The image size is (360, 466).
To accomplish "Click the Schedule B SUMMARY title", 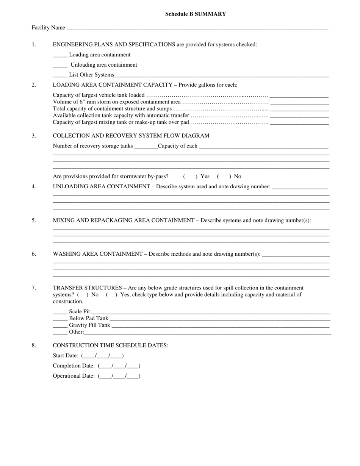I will click(196, 14).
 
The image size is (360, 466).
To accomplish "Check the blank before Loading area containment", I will click(60, 55).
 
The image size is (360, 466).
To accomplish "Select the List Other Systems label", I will click(91, 75).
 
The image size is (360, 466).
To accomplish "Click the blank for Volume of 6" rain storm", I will click(300, 102).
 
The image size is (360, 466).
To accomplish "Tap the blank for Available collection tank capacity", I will click(300, 116).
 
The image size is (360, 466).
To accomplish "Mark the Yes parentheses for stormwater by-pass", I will click(189, 177).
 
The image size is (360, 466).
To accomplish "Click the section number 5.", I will click(34, 220).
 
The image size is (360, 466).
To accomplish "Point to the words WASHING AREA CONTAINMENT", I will click(97, 254).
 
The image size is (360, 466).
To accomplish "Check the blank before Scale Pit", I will click(60, 312).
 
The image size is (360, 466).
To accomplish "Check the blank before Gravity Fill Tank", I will click(60, 326).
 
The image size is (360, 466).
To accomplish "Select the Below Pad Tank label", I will click(88, 319).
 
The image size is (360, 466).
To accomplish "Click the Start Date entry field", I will click(102, 356).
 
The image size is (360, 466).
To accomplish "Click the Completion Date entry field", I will click(119, 366).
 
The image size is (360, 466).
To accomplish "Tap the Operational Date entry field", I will click(119, 376).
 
